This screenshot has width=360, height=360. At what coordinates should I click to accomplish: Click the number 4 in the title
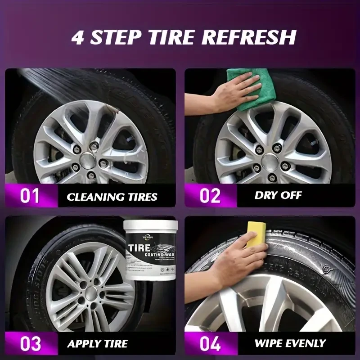(x=79, y=37)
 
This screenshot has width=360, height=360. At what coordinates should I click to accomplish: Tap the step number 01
(x=30, y=196)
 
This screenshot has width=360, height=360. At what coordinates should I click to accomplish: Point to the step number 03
(x=30, y=344)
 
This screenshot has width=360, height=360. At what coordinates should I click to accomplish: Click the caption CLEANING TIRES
(x=112, y=197)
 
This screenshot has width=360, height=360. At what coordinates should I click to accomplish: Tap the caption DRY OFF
(x=278, y=196)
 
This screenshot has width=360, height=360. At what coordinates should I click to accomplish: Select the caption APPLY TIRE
(x=98, y=344)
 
